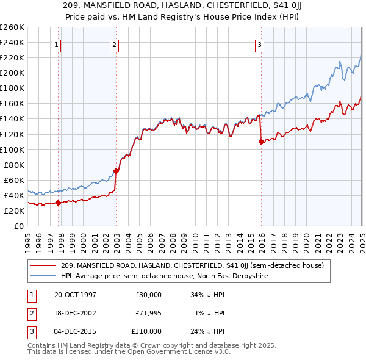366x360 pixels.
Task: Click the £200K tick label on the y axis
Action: [x=12, y=73]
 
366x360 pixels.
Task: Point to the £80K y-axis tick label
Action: [x=14, y=165]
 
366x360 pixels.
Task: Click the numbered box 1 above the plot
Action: [x=56, y=44]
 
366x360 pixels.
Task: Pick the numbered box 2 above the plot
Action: [x=115, y=44]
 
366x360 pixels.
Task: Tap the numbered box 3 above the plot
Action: [x=259, y=44]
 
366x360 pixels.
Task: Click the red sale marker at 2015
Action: [x=261, y=142]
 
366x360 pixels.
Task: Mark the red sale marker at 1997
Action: [x=59, y=203]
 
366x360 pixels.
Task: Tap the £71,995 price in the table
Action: [x=148, y=313]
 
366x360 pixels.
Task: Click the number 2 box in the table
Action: [x=30, y=313]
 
